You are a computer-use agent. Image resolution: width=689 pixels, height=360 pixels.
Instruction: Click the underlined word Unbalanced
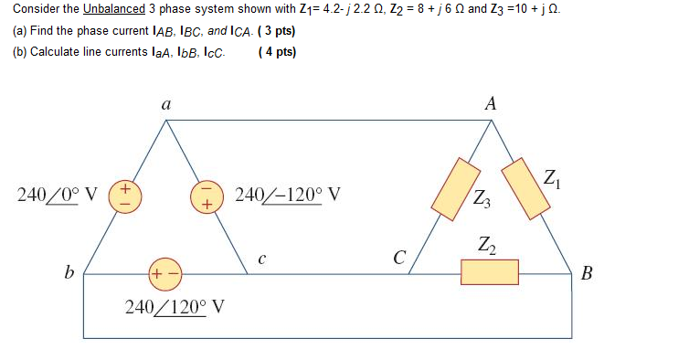(114, 10)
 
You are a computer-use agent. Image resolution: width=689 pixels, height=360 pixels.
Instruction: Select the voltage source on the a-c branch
(205, 196)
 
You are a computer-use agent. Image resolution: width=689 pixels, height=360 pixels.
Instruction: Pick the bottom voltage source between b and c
(164, 273)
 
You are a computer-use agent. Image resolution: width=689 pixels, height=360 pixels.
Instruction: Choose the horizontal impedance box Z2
(490, 271)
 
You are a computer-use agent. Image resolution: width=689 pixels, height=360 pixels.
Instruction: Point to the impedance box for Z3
(456, 189)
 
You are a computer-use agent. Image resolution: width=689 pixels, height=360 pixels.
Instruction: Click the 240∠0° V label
(58, 196)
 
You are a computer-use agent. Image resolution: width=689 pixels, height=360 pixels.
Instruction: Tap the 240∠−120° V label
(288, 195)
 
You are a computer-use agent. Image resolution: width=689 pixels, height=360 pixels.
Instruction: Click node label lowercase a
(165, 105)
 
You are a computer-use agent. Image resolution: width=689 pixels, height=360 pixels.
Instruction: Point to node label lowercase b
(69, 271)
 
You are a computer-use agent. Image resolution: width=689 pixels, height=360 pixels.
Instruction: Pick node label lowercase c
(261, 259)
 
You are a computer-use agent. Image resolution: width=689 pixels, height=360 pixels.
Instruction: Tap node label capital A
(491, 104)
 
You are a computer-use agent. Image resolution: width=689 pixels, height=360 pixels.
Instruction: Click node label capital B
(587, 272)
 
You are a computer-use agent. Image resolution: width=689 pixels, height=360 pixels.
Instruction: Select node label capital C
(398, 259)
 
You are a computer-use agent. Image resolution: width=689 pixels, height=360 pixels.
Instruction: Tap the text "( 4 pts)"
(278, 51)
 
